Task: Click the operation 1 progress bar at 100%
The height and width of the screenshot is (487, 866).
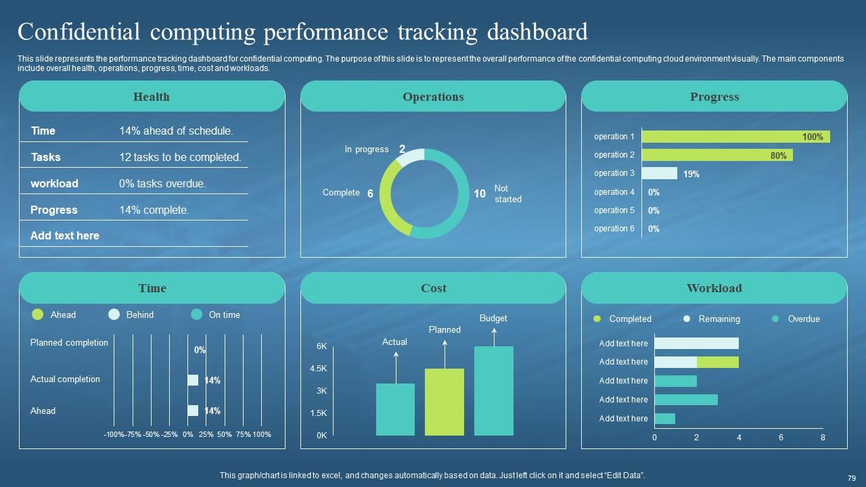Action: [x=735, y=137]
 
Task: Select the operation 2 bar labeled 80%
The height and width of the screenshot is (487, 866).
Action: [x=716, y=155]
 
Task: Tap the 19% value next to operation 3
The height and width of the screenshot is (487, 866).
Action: [x=691, y=174]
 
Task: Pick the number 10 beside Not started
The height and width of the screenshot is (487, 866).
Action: [x=480, y=194]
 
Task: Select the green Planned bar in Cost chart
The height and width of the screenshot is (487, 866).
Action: [x=445, y=402]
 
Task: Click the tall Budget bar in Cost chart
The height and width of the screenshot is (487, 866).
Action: [x=494, y=390]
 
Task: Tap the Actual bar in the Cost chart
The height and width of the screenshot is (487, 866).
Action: [x=395, y=409]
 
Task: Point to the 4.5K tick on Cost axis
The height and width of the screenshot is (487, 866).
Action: [x=318, y=369]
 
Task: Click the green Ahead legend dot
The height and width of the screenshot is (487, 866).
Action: [x=38, y=315]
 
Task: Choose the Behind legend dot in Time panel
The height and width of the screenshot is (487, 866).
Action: [x=114, y=315]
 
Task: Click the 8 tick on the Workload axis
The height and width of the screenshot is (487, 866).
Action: [x=823, y=438]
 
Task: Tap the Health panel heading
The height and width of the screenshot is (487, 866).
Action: [x=152, y=97]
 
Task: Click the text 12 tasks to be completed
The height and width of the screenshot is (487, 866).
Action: [x=180, y=157]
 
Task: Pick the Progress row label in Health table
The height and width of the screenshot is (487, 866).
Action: [x=54, y=210]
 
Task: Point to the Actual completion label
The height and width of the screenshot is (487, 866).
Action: [x=65, y=379]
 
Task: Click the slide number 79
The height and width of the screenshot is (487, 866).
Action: [x=851, y=477]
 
